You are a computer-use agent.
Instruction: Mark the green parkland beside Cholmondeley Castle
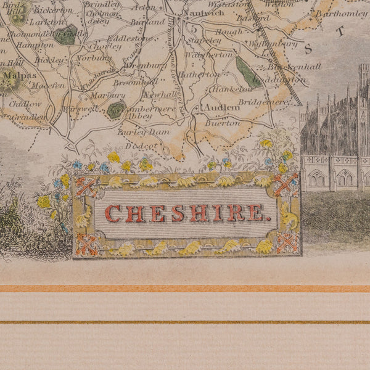coord(65,35)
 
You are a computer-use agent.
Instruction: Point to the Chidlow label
coord(25,104)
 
